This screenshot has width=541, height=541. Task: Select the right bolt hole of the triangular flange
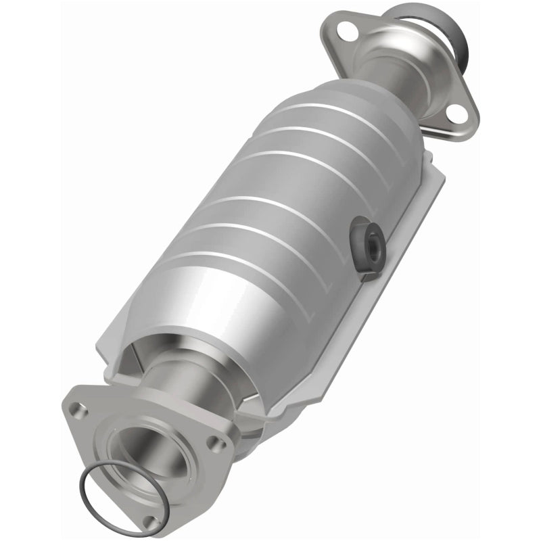click(215, 443)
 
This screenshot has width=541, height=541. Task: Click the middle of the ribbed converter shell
click(284, 203)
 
